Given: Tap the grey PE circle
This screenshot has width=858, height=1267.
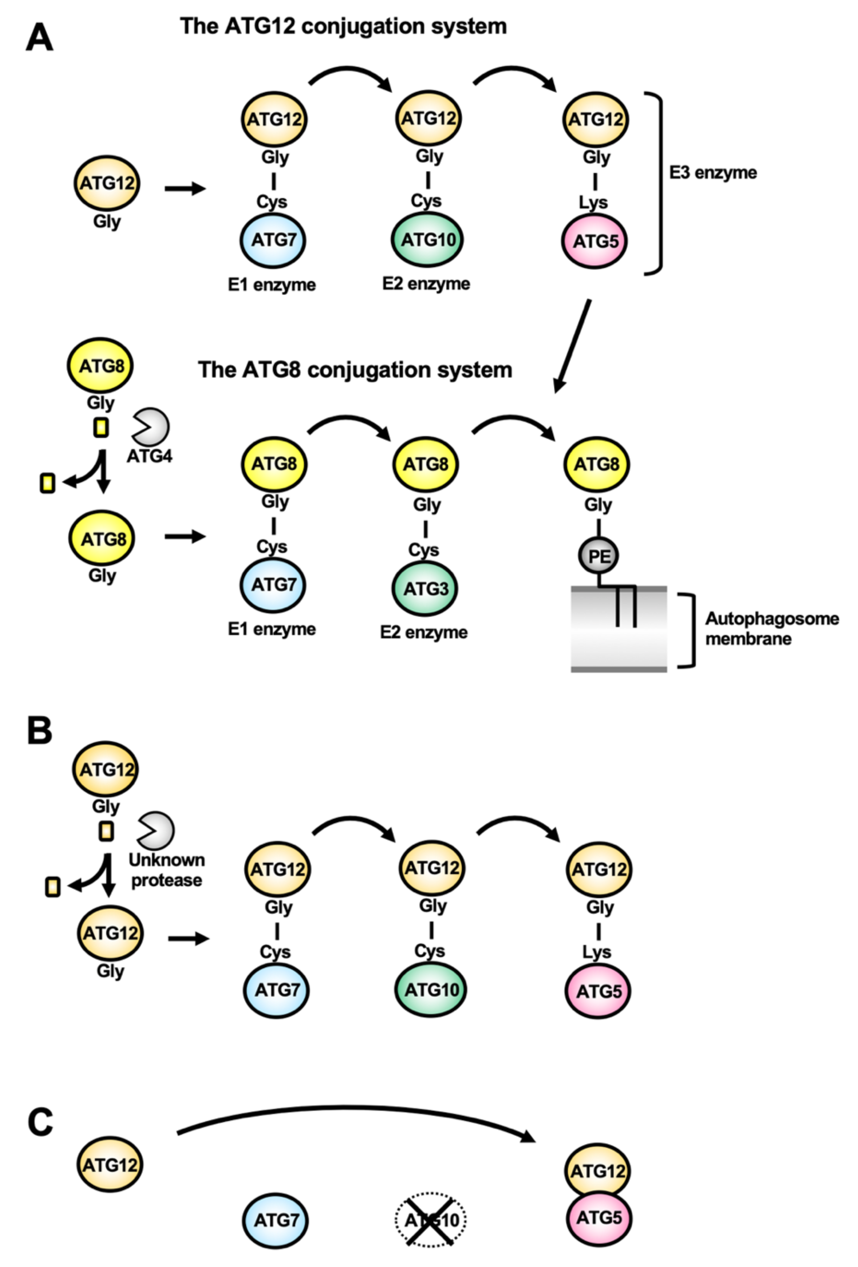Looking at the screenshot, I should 599,556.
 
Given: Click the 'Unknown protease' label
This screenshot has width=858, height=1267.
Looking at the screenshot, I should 166,869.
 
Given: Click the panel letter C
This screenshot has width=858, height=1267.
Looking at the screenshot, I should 40,1123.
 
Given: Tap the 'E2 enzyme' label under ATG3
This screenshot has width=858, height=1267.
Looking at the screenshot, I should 424,633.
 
